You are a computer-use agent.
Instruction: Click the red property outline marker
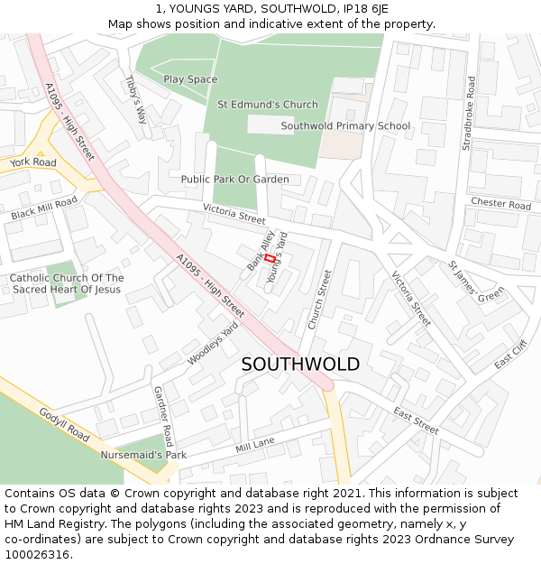click(270, 259)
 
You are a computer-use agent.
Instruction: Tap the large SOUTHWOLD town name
click(300, 365)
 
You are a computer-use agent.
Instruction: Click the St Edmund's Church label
click(268, 105)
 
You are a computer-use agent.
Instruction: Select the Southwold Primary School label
click(345, 126)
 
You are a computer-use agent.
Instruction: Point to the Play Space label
click(190, 79)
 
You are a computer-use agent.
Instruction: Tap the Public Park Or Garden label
click(234, 180)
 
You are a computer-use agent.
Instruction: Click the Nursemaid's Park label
click(143, 455)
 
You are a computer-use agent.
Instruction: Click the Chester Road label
click(500, 205)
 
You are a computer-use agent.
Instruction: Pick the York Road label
click(33, 162)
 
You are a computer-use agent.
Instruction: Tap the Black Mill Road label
click(44, 209)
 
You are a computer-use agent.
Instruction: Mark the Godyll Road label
click(64, 424)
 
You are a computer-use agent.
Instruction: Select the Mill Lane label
click(255, 446)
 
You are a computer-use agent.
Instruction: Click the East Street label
click(416, 421)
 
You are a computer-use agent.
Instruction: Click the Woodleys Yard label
click(215, 344)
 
